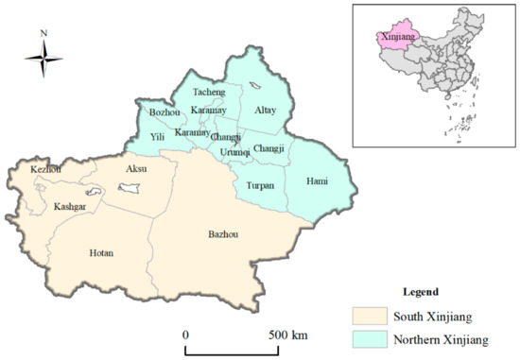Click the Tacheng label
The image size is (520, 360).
[x=210, y=94]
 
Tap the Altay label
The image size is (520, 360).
[x=266, y=110]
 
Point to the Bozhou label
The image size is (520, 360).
[x=165, y=113]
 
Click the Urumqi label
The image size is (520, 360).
[x=235, y=152]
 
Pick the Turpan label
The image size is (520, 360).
[x=260, y=185]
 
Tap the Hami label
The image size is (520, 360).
[x=317, y=180]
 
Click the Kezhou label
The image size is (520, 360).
[x=45, y=169]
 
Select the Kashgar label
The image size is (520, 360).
[x=72, y=206]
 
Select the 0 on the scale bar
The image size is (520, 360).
[x=186, y=334]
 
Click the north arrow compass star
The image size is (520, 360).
[x=43, y=61]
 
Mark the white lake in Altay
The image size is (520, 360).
[x=255, y=90]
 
